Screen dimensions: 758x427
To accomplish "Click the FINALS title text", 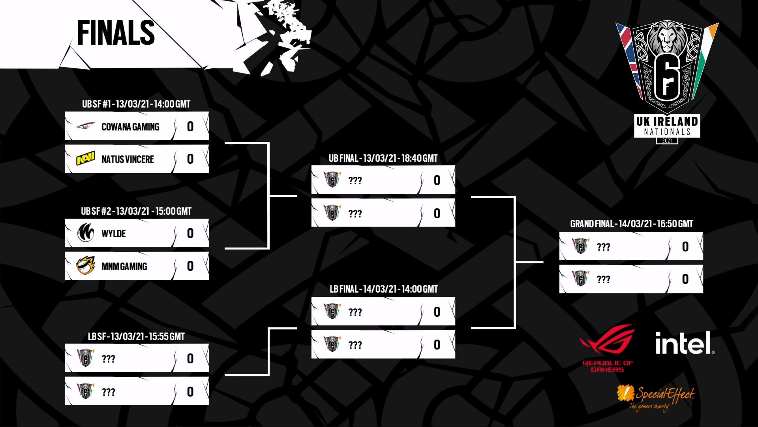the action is [116, 32].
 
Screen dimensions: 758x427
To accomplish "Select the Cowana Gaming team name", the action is [130, 127].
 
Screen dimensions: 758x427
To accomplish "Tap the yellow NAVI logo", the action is [86, 159].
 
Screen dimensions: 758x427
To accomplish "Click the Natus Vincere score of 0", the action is [190, 159].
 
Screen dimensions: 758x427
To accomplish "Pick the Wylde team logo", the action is [86, 233].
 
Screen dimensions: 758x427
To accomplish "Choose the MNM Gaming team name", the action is [124, 266].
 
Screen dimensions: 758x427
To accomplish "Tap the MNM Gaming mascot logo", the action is [86, 266].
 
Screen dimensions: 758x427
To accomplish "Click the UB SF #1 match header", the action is [136, 104].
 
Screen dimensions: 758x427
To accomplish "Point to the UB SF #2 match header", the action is [136, 211].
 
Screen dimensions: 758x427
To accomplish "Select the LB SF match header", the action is [136, 336].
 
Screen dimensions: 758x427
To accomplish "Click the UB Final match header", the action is [383, 158].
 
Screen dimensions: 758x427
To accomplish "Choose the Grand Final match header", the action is [631, 224].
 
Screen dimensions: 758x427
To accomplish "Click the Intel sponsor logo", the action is [685, 343].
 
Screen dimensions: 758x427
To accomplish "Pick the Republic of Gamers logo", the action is [608, 348].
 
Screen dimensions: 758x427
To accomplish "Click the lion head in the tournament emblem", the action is [667, 38].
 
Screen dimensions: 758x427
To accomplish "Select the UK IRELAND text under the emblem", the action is [667, 121].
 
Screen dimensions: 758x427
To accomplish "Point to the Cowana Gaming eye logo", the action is [86, 126].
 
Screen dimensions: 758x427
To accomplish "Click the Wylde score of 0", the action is [190, 233].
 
